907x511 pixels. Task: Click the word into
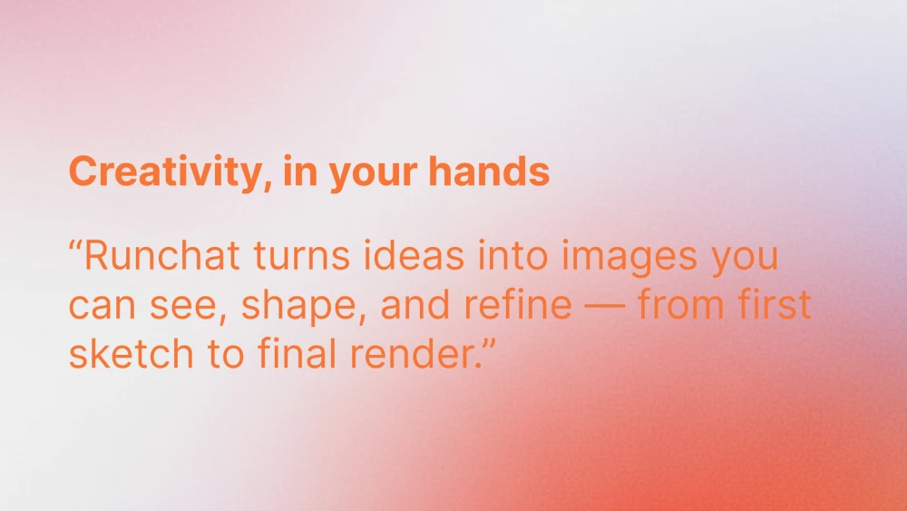coord(512,255)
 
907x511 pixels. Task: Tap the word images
coord(629,259)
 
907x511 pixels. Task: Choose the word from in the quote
coord(681,304)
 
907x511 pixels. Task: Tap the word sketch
coord(131,354)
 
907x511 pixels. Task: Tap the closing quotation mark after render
coord(490,344)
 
